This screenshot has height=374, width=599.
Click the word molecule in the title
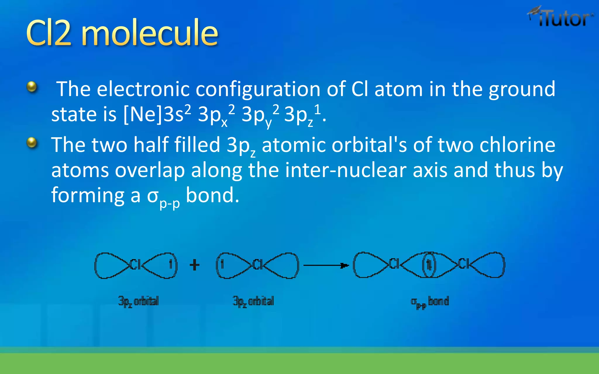point(149,33)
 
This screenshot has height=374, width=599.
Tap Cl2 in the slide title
point(49,33)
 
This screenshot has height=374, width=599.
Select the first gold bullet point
point(32,87)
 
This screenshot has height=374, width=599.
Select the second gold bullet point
point(32,143)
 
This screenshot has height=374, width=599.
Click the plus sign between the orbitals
point(194,265)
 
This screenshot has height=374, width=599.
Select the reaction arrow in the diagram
point(326,265)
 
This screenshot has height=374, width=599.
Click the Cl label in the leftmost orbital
point(135,265)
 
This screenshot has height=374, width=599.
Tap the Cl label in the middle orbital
point(258,265)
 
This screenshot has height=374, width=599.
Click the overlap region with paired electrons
point(429,265)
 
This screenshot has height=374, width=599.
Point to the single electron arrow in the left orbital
point(171,264)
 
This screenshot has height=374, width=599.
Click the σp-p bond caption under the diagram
point(430,302)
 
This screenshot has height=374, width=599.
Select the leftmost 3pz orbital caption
point(138,301)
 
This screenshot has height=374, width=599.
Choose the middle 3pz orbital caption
point(253,301)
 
